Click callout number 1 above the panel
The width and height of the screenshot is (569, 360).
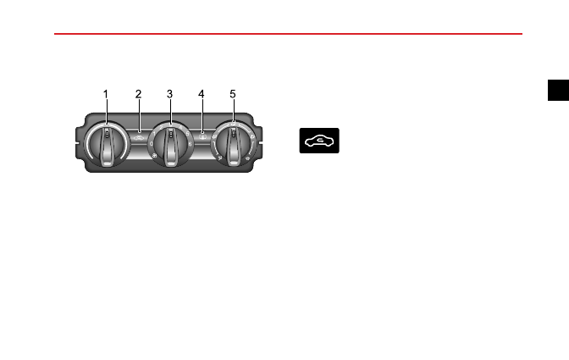[106, 94]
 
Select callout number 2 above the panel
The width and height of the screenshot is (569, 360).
[138, 94]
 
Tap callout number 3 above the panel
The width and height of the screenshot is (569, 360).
[169, 94]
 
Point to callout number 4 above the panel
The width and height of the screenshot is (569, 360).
[201, 94]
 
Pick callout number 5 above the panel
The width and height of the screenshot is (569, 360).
[233, 94]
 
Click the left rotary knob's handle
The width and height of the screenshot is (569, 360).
[107, 146]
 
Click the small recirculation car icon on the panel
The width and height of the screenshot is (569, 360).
[139, 137]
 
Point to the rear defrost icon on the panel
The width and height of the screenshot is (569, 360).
[202, 137]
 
